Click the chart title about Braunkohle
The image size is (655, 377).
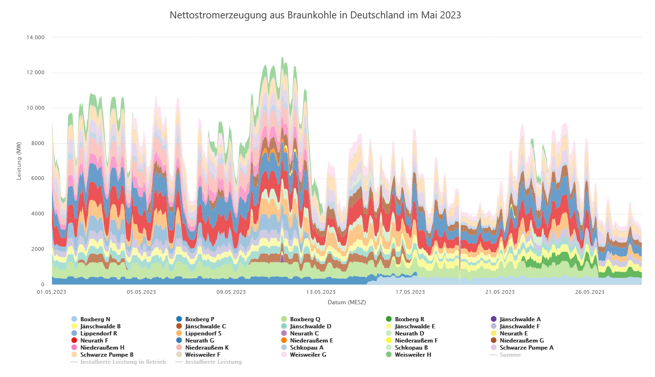point(315,15)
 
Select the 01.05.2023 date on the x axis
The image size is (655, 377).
point(52,292)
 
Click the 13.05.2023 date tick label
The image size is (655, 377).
point(321,292)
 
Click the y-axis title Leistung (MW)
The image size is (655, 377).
point(19,161)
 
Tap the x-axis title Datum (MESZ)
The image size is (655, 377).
point(347,302)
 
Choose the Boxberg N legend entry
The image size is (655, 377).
point(95,319)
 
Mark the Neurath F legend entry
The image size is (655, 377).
point(94,341)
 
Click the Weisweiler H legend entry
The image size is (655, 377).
point(413,355)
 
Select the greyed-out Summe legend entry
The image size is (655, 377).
point(510,355)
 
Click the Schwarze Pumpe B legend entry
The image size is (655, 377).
point(107,355)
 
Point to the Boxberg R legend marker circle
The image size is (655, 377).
point(389,319)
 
